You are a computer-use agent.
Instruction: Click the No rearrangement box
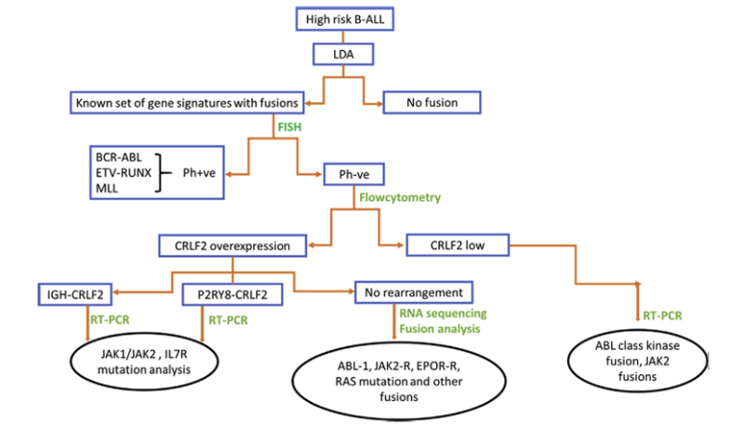tap(415, 293)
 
